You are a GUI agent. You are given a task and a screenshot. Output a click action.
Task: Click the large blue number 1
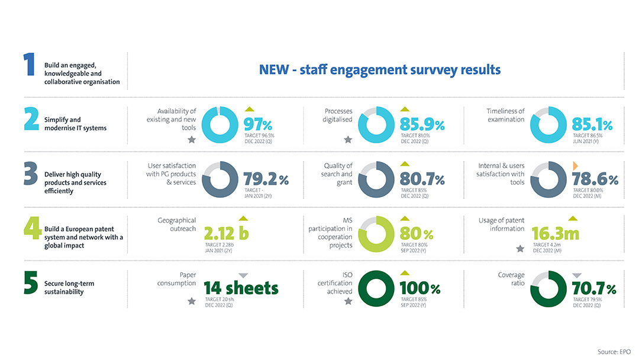coord(30,65)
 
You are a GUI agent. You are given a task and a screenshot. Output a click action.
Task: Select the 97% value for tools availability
coord(258,125)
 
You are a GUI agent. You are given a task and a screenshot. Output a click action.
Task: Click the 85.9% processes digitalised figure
coord(422,125)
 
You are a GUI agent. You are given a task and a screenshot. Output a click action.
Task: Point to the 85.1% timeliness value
coord(592,125)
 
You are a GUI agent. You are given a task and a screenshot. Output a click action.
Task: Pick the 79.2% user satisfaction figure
coord(266,179)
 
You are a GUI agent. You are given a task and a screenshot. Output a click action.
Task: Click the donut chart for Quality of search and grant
coord(376,179)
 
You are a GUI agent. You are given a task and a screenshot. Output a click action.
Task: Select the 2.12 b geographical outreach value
coord(226,233)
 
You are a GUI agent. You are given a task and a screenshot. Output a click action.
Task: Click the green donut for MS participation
coord(376,233)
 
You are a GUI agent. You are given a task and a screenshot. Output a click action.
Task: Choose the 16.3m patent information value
coord(555,233)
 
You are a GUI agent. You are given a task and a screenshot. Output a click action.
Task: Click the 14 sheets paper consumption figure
coord(241,288)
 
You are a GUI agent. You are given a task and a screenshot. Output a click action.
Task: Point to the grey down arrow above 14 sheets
coord(243,275)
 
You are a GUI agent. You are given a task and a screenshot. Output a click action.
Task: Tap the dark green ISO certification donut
coord(376,288)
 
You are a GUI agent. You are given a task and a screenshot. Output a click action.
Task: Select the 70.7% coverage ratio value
coord(593,288)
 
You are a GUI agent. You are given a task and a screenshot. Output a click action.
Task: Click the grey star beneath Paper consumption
coord(191,301)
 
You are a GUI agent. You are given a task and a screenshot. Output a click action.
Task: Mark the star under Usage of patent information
coord(520,249)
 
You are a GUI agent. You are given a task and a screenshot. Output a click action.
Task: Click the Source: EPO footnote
coord(614,352)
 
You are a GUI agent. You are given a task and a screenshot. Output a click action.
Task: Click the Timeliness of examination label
coord(505,115)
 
